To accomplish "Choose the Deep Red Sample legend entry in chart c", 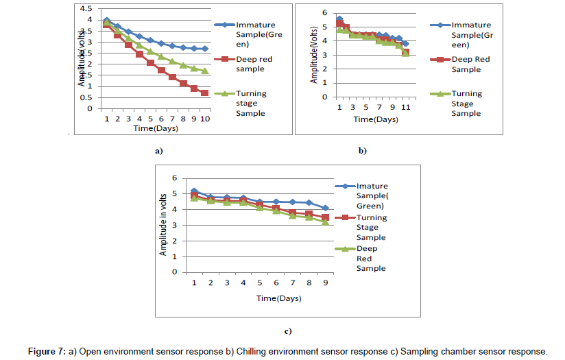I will [x=371, y=259].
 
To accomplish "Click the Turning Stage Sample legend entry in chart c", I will [x=371, y=227].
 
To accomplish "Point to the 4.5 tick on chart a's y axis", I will [x=84, y=9].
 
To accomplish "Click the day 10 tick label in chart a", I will [x=204, y=119].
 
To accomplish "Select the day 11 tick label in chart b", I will [x=405, y=108].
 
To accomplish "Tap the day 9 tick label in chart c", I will [x=325, y=283].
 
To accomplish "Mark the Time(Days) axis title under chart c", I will [x=278, y=298].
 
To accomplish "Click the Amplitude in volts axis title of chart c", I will [x=163, y=225].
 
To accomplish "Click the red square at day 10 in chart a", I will [x=204, y=93].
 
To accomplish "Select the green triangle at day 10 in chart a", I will [x=204, y=71].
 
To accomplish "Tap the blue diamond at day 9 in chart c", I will [x=325, y=208].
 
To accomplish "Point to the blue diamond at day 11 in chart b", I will [x=405, y=44].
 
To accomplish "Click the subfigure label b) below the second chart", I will [x=363, y=149].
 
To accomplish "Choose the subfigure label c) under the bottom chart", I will [x=288, y=331].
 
